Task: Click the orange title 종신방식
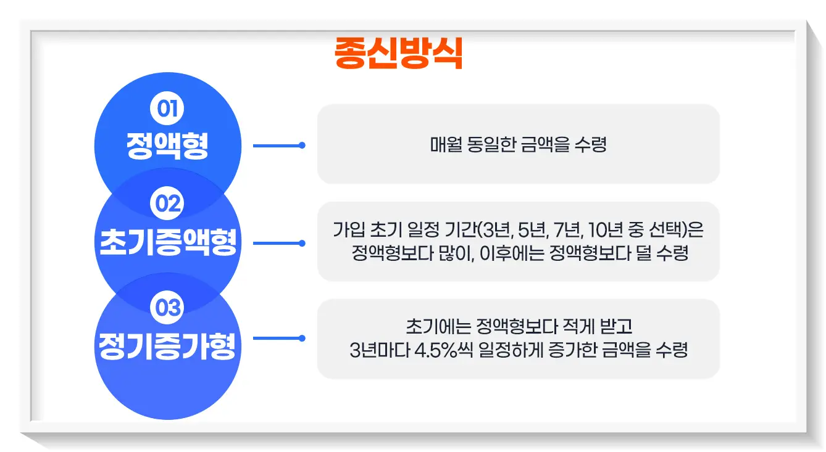(x=398, y=54)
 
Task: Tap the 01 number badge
(x=167, y=109)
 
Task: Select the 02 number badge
(x=167, y=203)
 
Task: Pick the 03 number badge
(x=167, y=307)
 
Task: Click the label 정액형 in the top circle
(x=167, y=146)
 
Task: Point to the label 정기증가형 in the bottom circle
(x=167, y=347)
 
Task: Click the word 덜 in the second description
(x=643, y=253)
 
